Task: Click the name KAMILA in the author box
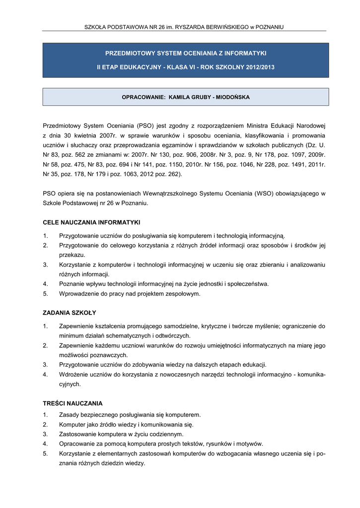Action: pos(180,97)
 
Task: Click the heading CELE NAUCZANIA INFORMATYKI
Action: pos(91,222)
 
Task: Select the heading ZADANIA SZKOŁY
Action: pos(70,313)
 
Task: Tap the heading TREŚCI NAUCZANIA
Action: pos(72,403)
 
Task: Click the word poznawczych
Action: pos(106,355)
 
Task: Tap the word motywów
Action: pos(250,444)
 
